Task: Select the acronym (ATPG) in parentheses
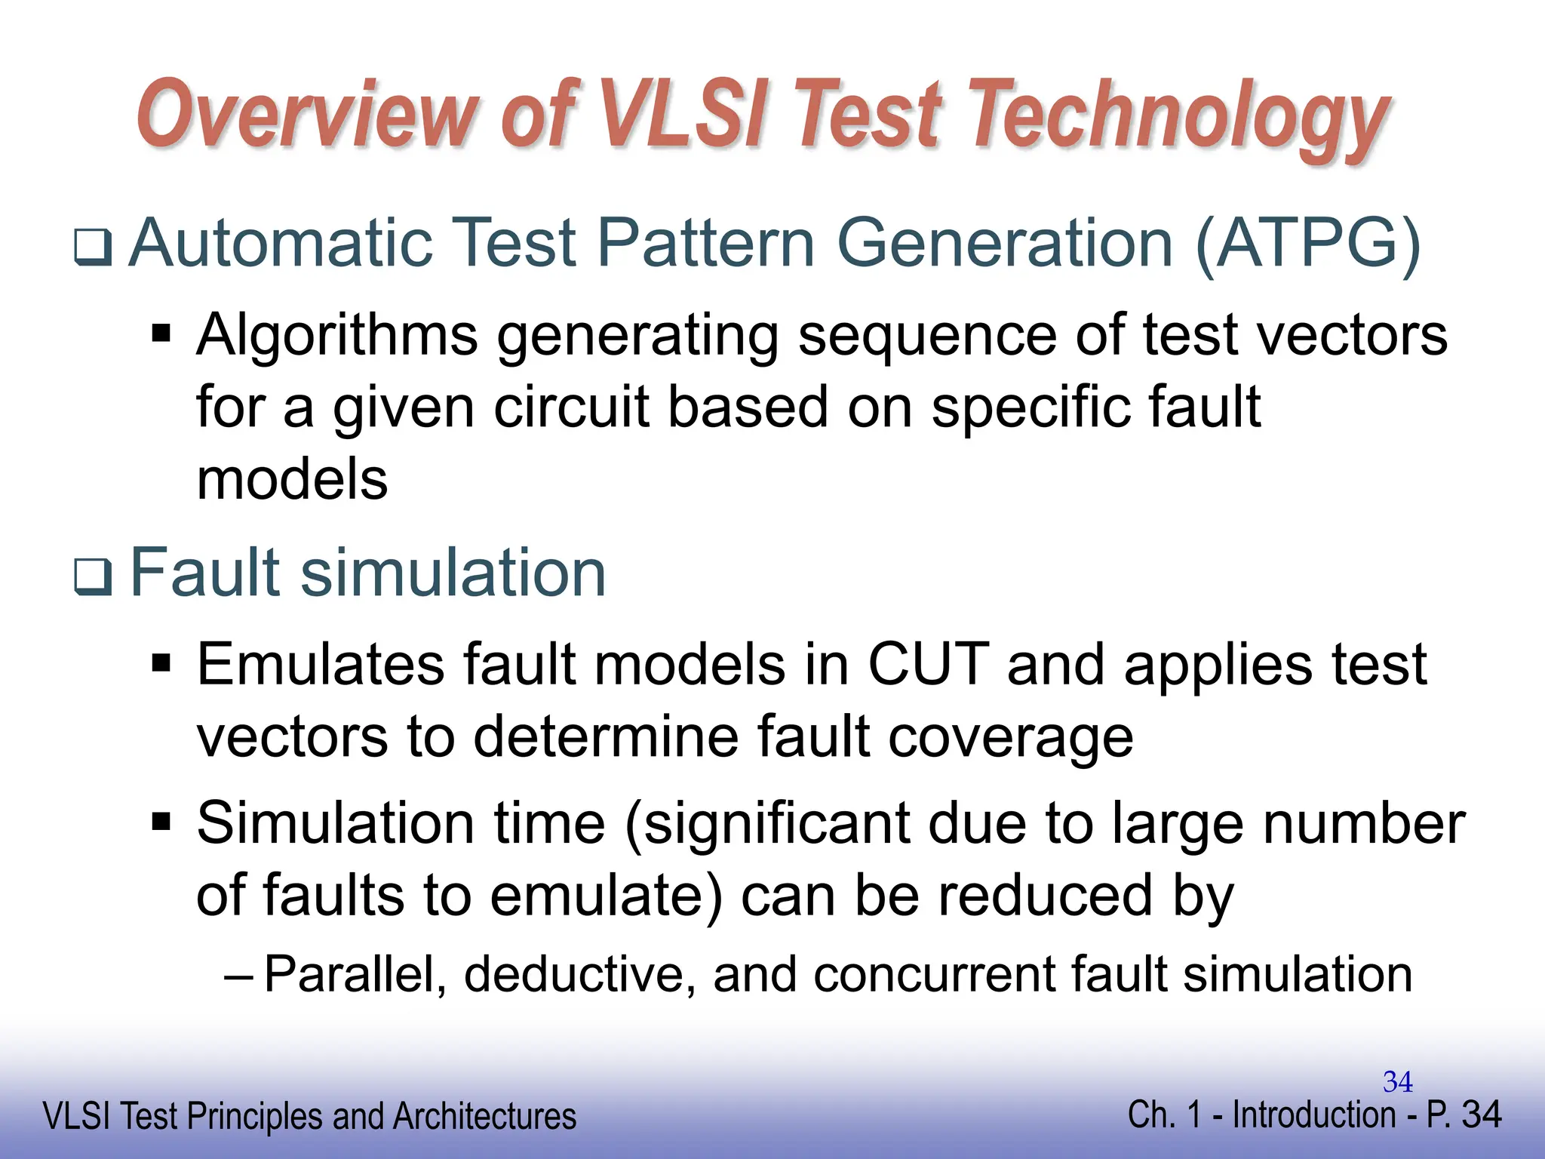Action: (x=1308, y=243)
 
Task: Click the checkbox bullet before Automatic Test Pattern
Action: (x=94, y=247)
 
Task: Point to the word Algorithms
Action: (x=337, y=336)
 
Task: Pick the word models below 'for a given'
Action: (x=292, y=480)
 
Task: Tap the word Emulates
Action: (x=321, y=665)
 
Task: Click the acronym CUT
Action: (x=928, y=665)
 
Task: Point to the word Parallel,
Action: (x=355, y=975)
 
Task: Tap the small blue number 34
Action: (x=1397, y=1082)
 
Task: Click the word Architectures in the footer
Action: (x=484, y=1117)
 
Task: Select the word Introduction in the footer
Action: (x=1313, y=1115)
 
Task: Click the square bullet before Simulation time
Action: (x=161, y=820)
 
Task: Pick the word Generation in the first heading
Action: (x=1005, y=243)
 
